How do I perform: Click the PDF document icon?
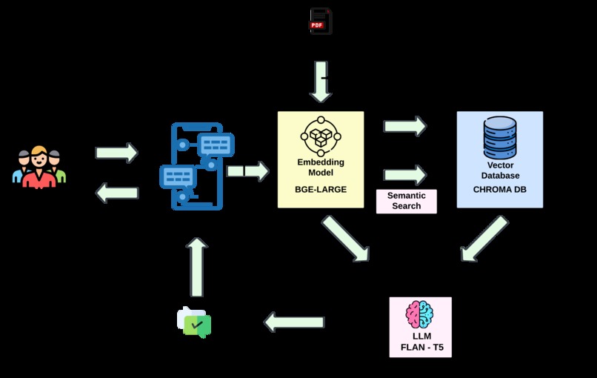tap(320, 21)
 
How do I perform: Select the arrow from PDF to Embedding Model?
tap(320, 82)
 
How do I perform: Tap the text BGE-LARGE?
tap(321, 190)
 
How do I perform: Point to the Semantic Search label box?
tap(406, 201)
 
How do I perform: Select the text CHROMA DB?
tap(500, 190)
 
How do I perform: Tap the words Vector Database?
tap(500, 170)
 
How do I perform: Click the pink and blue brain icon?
tap(420, 314)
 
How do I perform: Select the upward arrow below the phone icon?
tap(196, 267)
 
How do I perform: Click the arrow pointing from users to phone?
tap(117, 153)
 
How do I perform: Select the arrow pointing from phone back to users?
tap(117, 193)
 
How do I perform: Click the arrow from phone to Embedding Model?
tap(247, 171)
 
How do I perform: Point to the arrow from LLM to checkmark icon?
tap(294, 322)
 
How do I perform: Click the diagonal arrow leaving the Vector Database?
tap(484, 239)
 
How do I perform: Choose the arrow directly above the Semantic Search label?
tap(405, 175)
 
